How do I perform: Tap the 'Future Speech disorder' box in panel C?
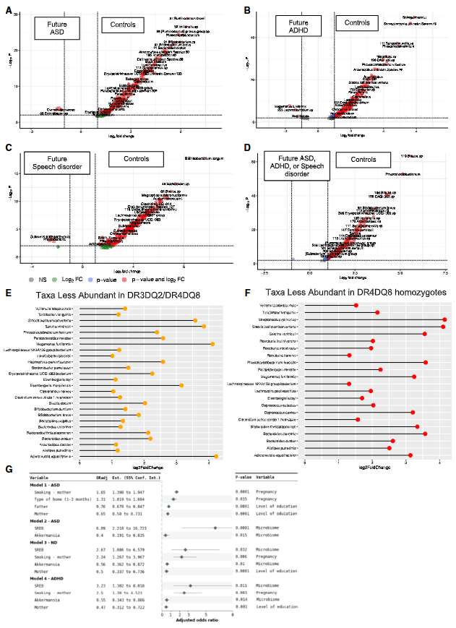coord(51,163)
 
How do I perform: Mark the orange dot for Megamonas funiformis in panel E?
coord(212,344)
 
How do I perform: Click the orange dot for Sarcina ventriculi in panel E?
coord(204,326)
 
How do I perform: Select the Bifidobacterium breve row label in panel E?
coord(57,415)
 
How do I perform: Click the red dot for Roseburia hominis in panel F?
coord(349,355)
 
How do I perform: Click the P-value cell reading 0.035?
coord(244,499)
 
